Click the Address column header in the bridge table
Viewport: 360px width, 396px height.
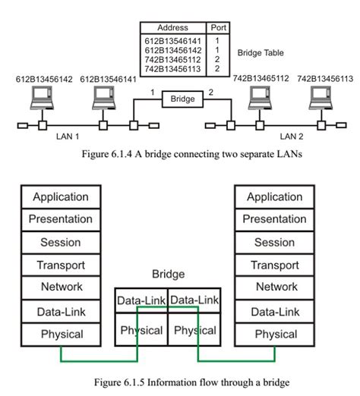click(172, 27)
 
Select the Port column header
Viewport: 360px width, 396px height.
click(217, 27)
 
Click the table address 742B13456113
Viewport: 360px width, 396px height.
click(172, 69)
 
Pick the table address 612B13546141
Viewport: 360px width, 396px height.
click(172, 39)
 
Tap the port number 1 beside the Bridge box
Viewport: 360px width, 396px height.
click(152, 92)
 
